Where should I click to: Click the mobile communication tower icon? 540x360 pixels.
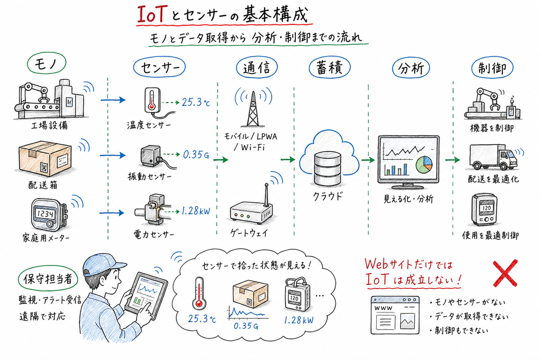(x=252, y=108)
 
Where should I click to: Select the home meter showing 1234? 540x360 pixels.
(x=46, y=213)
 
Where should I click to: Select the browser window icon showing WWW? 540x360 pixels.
(x=395, y=316)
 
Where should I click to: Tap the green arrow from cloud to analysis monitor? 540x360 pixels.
(x=369, y=160)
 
